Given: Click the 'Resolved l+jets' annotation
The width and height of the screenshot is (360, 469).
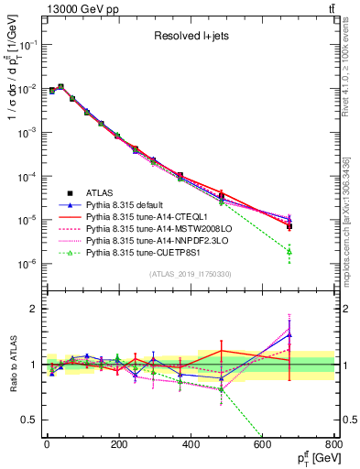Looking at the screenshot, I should (x=191, y=36).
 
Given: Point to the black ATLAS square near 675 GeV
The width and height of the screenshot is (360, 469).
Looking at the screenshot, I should (x=289, y=225).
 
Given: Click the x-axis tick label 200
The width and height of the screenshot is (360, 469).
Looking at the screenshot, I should (x=118, y=446).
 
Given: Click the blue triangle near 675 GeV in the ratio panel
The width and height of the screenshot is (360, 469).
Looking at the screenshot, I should (x=289, y=335).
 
